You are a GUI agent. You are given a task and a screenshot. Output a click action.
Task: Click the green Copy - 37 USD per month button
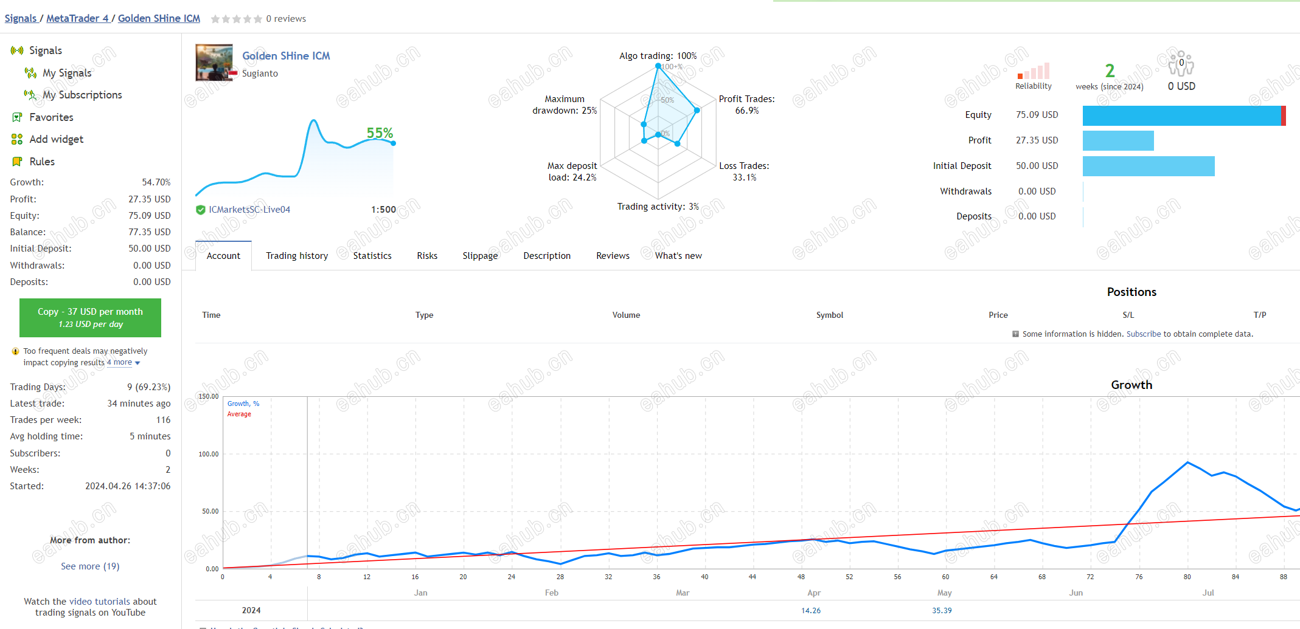(90, 317)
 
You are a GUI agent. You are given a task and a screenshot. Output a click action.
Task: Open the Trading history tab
(297, 256)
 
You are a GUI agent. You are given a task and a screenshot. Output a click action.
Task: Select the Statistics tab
(372, 256)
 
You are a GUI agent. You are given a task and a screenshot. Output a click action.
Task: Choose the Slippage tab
(480, 256)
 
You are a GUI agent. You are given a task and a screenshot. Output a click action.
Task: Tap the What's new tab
(678, 256)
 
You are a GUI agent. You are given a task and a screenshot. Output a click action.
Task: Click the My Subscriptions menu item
(82, 95)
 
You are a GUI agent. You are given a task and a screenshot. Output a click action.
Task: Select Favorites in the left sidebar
(51, 117)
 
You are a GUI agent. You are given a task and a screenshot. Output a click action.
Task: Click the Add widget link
(57, 139)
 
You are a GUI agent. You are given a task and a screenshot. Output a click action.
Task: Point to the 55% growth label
(380, 133)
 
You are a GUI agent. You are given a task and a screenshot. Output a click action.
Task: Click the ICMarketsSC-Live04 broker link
(249, 210)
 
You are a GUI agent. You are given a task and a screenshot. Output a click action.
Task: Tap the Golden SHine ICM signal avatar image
(214, 63)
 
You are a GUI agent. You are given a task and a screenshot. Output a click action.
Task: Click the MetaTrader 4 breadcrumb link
(77, 18)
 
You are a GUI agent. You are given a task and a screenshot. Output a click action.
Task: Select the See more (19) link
(90, 566)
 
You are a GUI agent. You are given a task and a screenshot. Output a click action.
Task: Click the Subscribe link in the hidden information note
(1144, 334)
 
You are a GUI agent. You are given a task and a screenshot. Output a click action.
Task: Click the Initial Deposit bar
(1149, 166)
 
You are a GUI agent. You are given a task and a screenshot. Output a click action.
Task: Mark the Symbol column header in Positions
(830, 315)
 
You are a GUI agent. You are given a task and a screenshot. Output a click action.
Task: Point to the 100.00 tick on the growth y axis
(209, 454)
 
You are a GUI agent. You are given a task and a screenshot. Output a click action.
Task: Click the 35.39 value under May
(942, 610)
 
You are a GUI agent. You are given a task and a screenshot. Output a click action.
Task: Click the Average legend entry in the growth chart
(239, 414)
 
